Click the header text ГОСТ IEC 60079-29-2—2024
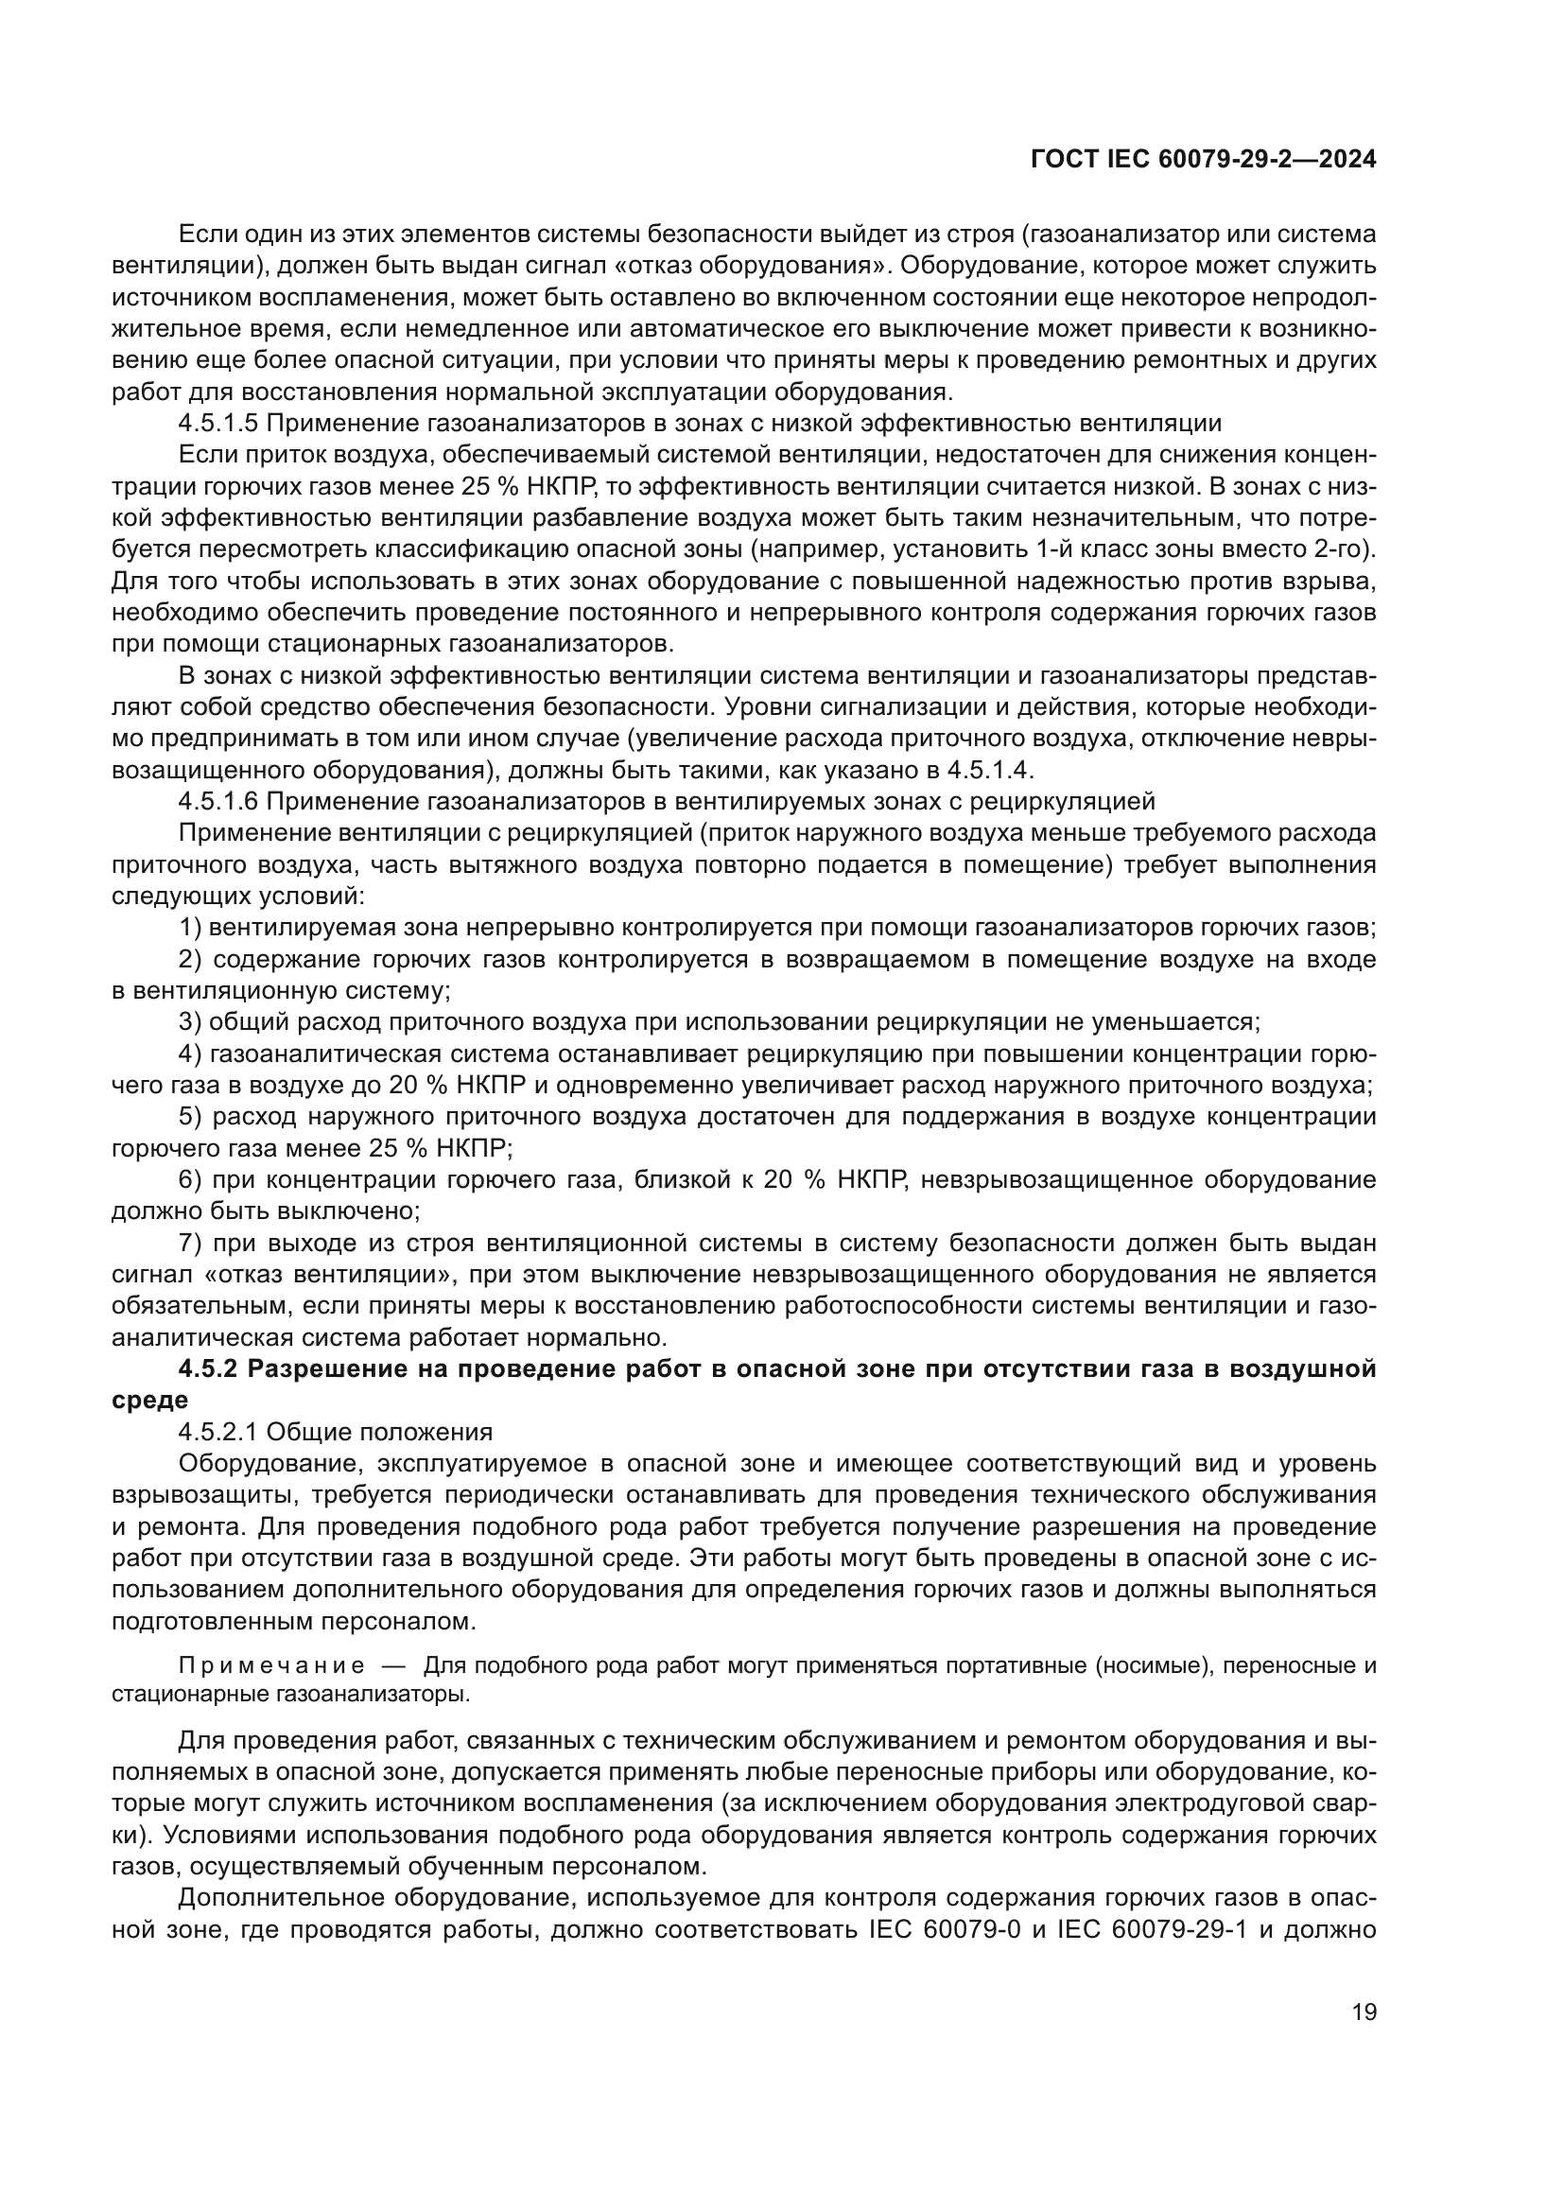tap(1203, 160)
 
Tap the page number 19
tap(1364, 2012)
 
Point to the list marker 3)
tap(190, 1021)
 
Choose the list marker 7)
tap(190, 1243)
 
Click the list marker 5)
tap(190, 1117)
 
